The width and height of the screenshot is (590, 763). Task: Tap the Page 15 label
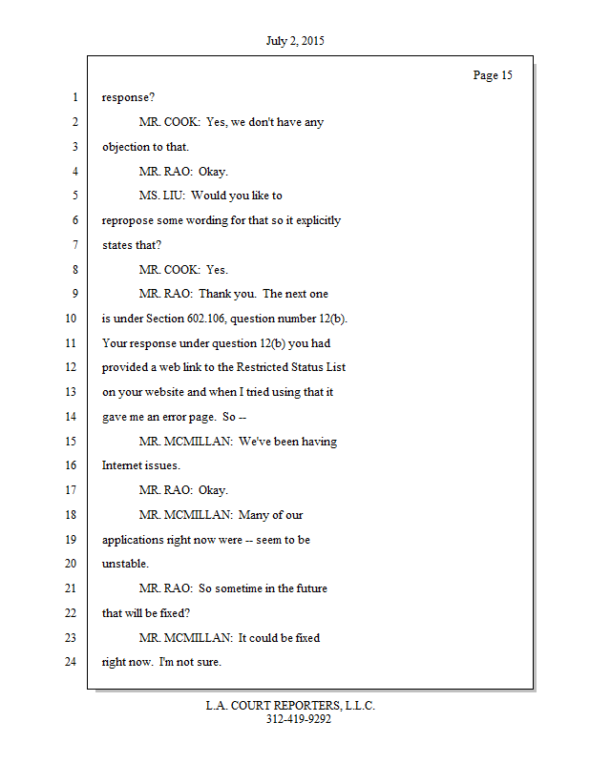pyautogui.click(x=493, y=75)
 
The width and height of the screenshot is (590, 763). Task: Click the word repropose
pyautogui.click(x=130, y=220)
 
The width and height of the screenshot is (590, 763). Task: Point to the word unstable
pyautogui.click(x=125, y=564)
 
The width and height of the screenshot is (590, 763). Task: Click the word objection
pyautogui.click(x=127, y=147)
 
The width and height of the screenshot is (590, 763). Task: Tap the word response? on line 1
pyautogui.click(x=129, y=97)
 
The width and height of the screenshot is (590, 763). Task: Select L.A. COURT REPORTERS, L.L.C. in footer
pyautogui.click(x=290, y=706)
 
